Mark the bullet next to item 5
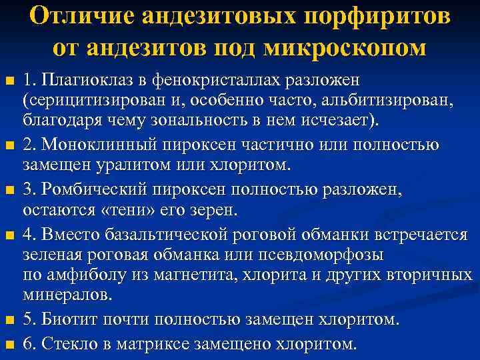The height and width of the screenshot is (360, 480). coord(9,320)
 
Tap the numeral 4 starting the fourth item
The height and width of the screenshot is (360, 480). coord(28,235)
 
